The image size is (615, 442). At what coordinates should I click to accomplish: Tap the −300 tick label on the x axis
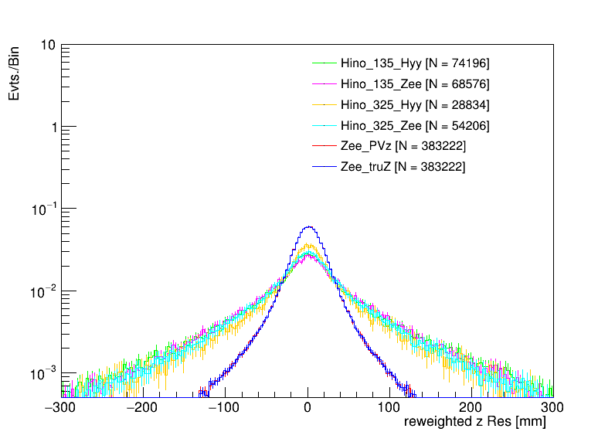coord(63,407)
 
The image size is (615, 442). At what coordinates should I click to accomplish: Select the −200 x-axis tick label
coord(144,407)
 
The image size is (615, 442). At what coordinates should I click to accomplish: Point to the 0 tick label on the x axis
coord(308,407)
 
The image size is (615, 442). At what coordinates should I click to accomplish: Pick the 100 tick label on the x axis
coord(389,407)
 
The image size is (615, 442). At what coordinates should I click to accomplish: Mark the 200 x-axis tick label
coord(471,407)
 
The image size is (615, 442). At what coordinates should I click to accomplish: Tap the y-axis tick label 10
coord(47,46)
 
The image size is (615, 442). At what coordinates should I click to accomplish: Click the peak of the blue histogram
coord(308,226)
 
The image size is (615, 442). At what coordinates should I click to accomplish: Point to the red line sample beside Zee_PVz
coord(324,146)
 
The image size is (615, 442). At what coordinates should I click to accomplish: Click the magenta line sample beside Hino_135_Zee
coord(324,83)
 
